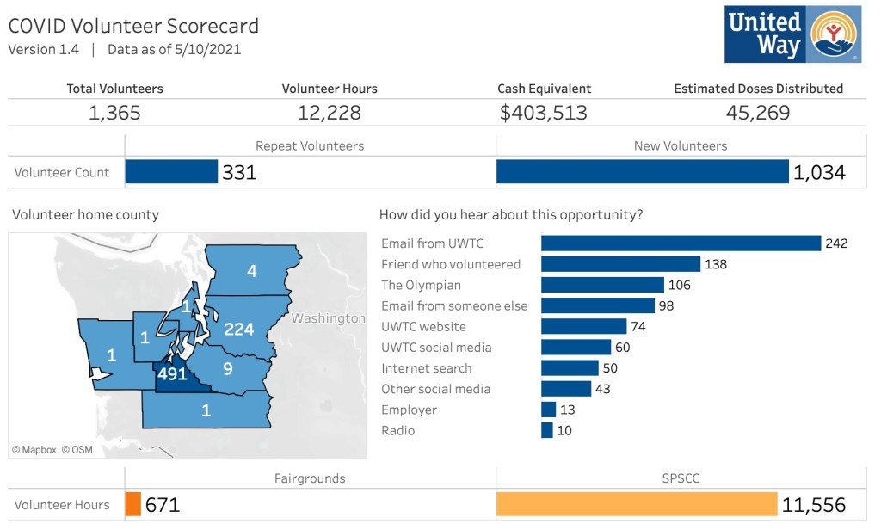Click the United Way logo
792,34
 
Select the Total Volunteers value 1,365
114,113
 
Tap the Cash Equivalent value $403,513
544,113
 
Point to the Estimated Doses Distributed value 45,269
758,113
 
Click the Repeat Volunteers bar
171,172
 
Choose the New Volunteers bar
642,172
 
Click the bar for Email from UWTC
681,243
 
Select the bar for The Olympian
602,285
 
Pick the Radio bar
546,430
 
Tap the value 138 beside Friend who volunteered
716,264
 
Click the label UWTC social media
436,348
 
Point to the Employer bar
548,410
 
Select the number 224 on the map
239,330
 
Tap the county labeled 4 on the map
252,271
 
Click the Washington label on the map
328,318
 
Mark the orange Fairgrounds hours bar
132,504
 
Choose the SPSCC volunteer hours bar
637,504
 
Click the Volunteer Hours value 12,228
329,113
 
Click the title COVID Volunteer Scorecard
133,26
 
